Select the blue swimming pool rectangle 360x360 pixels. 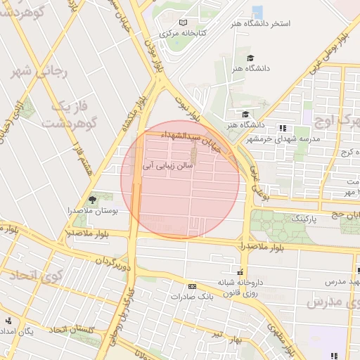click(x=257, y=11)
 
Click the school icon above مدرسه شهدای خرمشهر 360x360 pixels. click(x=283, y=128)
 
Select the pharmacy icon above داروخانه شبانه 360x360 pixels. click(x=240, y=271)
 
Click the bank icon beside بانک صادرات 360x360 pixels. click(x=193, y=286)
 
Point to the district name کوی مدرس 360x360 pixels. click(x=333, y=302)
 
